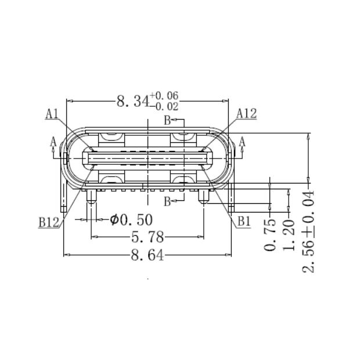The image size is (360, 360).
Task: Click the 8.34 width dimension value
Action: pyautogui.click(x=132, y=102)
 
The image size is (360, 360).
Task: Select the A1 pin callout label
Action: pyautogui.click(x=52, y=114)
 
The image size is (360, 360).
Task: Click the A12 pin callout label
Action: pyautogui.click(x=247, y=114)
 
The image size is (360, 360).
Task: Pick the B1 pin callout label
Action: pyautogui.click(x=242, y=221)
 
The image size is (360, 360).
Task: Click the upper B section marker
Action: pyautogui.click(x=166, y=121)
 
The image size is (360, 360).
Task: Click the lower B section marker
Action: pyautogui.click(x=166, y=201)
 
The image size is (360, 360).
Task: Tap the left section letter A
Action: pyautogui.click(x=53, y=141)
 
